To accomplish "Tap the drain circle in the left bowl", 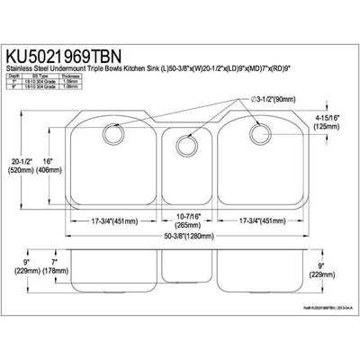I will [x=114, y=132].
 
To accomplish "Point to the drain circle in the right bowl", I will [x=260, y=133].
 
